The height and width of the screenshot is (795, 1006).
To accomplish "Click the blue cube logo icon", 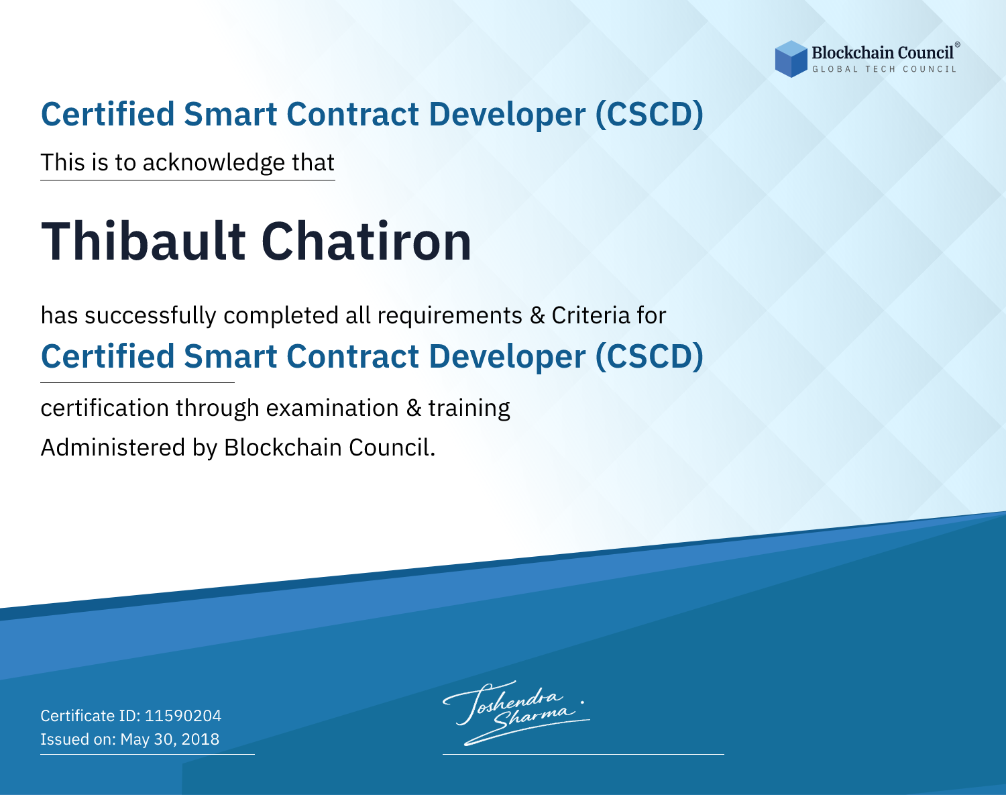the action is click(x=791, y=59).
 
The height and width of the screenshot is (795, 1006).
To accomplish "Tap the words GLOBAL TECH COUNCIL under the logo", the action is click(x=885, y=69).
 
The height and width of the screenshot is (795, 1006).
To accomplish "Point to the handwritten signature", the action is click(x=516, y=712).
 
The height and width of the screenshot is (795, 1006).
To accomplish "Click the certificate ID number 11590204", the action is click(x=183, y=716).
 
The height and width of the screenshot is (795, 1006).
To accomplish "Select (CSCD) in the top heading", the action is click(x=649, y=115).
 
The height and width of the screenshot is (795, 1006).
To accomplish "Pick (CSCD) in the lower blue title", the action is click(x=649, y=357).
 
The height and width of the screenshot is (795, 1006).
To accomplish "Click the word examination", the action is click(x=333, y=408).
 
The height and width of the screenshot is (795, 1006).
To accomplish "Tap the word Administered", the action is click(x=113, y=447).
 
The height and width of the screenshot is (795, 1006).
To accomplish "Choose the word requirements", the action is click(x=450, y=316).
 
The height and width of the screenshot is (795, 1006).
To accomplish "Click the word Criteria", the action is click(x=591, y=315).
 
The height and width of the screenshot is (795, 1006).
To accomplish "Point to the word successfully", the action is click(x=150, y=316).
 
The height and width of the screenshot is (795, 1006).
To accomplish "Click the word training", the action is click(x=469, y=409).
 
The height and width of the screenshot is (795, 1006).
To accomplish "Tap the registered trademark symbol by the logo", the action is click(x=957, y=45).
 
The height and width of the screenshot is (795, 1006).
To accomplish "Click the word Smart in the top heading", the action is click(x=231, y=115).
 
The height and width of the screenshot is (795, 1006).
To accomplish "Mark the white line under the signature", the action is click(x=583, y=754).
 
